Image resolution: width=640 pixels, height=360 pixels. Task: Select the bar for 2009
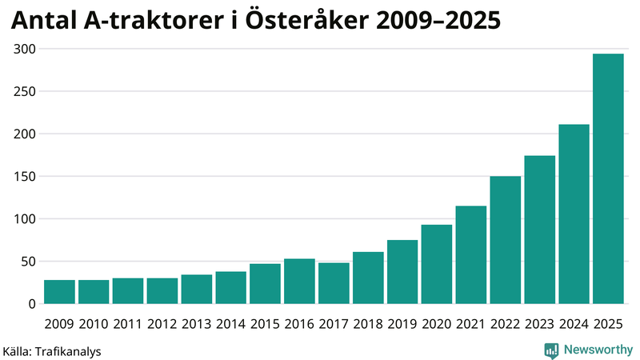[x=59, y=292]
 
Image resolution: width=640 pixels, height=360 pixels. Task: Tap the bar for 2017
[x=334, y=283]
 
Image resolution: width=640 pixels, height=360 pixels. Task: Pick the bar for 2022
[x=505, y=240]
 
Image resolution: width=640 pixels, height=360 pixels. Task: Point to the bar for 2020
[x=437, y=264]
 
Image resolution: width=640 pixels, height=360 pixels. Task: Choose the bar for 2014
[x=230, y=288]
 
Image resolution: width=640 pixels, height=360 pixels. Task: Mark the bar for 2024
[x=574, y=214]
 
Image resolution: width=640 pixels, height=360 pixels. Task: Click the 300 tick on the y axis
[x=25, y=49]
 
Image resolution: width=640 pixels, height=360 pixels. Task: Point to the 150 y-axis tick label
[x=25, y=176]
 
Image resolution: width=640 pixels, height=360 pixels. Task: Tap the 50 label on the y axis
[x=28, y=262]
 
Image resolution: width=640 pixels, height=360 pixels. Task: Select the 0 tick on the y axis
[x=31, y=304]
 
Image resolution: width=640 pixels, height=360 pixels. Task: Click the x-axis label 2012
[x=162, y=323]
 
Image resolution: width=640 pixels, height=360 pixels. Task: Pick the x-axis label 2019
[x=402, y=323]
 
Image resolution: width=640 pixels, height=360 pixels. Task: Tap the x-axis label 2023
[x=539, y=323]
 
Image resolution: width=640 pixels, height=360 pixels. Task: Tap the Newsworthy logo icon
[x=551, y=350]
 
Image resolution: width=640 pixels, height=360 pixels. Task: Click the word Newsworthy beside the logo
[x=598, y=350]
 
